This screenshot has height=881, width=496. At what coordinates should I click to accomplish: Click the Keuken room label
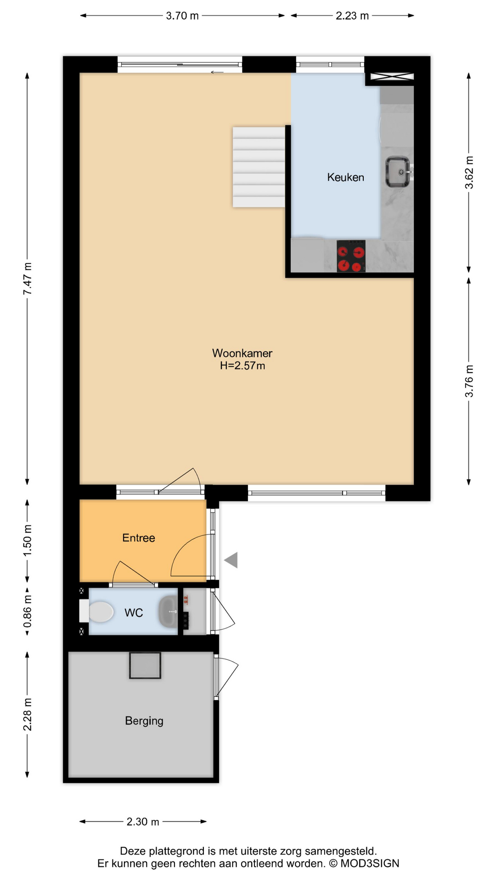pos(345,177)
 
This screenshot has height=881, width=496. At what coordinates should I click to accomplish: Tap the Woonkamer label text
pos(242,353)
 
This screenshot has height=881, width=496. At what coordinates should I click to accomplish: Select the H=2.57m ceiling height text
pos(242,366)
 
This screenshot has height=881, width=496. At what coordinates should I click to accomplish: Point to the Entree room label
pos(139,538)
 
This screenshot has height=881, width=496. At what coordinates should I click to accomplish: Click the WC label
pos(134,613)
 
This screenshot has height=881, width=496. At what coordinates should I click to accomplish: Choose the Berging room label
pos(144,721)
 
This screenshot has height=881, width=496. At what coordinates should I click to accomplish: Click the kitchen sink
pos(398,172)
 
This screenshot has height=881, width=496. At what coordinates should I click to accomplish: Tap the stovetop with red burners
pos(351,256)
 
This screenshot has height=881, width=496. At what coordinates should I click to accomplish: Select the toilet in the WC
pos(97,612)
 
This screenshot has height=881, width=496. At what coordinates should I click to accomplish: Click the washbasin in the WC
pos(168,612)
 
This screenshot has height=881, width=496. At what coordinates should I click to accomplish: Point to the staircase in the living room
pos(259,167)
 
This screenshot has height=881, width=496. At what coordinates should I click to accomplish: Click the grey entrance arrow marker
pos(231,560)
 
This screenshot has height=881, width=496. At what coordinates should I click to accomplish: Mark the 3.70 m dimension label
pos(182,16)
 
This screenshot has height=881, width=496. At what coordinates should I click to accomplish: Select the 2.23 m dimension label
pos(352,16)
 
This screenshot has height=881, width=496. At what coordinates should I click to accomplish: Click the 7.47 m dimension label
pos(28,279)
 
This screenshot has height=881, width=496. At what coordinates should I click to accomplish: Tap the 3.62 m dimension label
pos(469,173)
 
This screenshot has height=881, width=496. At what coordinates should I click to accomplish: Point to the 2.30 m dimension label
pos(143,821)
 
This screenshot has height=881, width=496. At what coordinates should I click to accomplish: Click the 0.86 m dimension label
pos(28,612)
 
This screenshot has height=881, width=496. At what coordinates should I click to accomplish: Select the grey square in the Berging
pos(145,665)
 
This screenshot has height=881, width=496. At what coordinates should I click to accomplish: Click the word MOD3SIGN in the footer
pos(370,863)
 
